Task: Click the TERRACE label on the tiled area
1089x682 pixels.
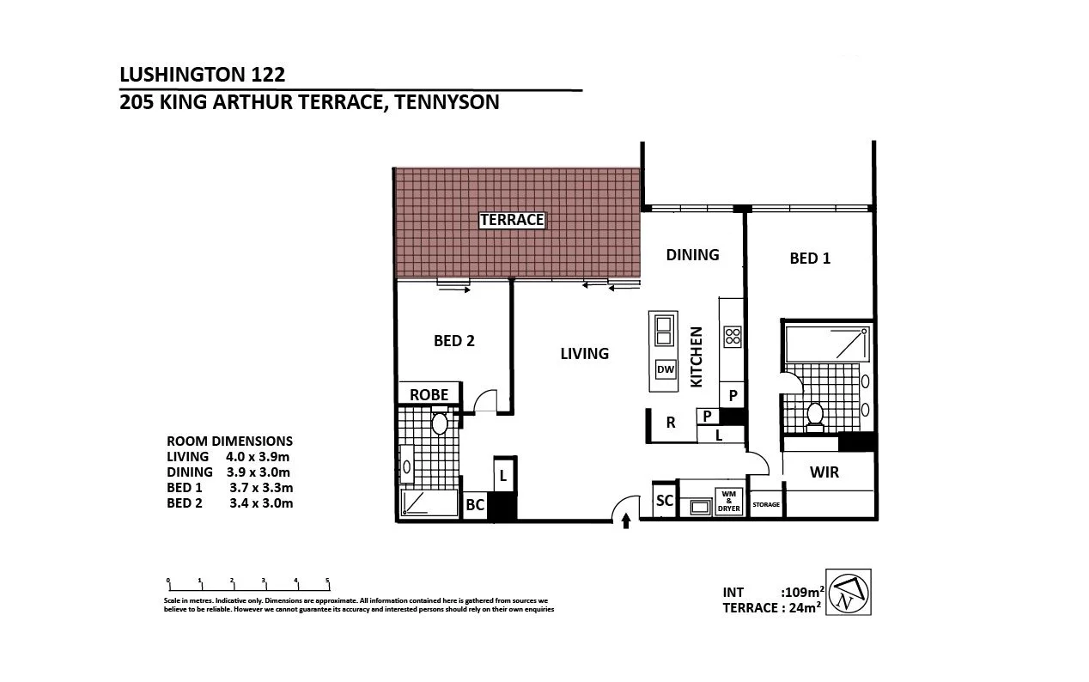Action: [512, 220]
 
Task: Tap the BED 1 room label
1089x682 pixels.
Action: [810, 258]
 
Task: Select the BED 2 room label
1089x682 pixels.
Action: [453, 340]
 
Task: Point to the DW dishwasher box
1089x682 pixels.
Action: [665, 369]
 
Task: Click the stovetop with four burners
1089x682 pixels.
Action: [733, 336]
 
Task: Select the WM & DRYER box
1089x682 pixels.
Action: [729, 502]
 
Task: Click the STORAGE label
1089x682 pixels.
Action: [766, 505]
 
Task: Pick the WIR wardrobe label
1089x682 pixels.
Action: [824, 472]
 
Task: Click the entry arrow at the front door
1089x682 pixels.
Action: [625, 519]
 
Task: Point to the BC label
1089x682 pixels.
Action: [475, 506]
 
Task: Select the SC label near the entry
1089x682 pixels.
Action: [665, 501]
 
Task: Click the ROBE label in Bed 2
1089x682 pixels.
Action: [429, 394]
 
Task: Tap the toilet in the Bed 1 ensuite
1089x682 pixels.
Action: [815, 414]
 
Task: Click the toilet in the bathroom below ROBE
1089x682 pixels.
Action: [439, 423]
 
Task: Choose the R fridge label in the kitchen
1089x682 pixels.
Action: [671, 422]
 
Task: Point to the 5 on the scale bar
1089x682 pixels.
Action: [327, 581]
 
